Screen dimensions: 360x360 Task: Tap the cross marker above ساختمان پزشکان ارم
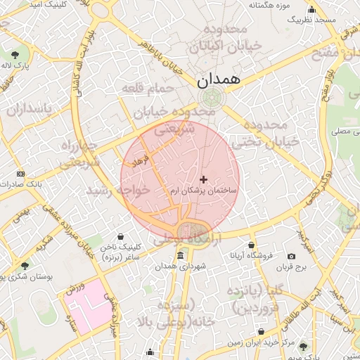click(x=204, y=180)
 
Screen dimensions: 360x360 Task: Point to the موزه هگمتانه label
click(x=269, y=6)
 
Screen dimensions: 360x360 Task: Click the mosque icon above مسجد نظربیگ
click(x=311, y=10)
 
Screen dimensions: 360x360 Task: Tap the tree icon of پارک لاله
click(x=15, y=53)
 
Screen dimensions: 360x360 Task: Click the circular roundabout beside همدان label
click(x=208, y=98)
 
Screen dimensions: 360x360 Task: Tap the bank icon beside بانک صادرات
click(x=20, y=174)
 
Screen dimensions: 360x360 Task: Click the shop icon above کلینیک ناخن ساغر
click(x=122, y=236)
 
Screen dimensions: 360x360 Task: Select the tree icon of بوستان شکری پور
click(x=25, y=265)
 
